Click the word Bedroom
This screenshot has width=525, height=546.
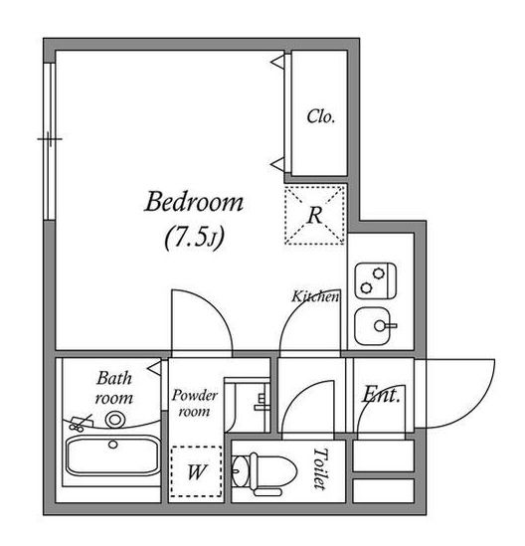pyautogui.click(x=194, y=202)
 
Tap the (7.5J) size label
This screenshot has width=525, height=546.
pyautogui.click(x=194, y=238)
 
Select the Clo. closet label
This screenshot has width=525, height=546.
pyautogui.click(x=320, y=116)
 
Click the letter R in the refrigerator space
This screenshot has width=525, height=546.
pyautogui.click(x=315, y=215)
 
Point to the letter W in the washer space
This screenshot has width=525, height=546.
pyautogui.click(x=196, y=472)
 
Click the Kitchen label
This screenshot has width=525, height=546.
pyautogui.click(x=315, y=296)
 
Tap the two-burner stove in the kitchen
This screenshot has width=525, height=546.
pyautogui.click(x=376, y=280)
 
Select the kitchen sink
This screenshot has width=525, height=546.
pyautogui.click(x=375, y=326)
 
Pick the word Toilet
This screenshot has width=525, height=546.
pyautogui.click(x=320, y=468)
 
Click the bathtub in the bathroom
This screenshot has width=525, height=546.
pyautogui.click(x=112, y=455)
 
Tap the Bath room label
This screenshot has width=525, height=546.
pyautogui.click(x=113, y=388)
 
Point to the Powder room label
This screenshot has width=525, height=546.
pyautogui.click(x=194, y=403)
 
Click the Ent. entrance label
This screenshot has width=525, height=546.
pyautogui.click(x=381, y=395)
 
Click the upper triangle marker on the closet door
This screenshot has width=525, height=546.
pyautogui.click(x=277, y=63)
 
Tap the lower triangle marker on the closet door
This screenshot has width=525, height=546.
pyautogui.click(x=277, y=164)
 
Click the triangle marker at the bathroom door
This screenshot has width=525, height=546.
pyautogui.click(x=154, y=368)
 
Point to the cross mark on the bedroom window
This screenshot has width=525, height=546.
pyautogui.click(x=50, y=139)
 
